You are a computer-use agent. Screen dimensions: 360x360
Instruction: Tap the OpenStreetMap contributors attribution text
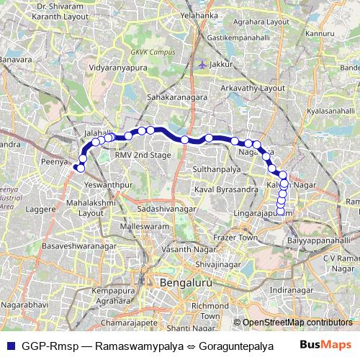click(296, 323)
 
